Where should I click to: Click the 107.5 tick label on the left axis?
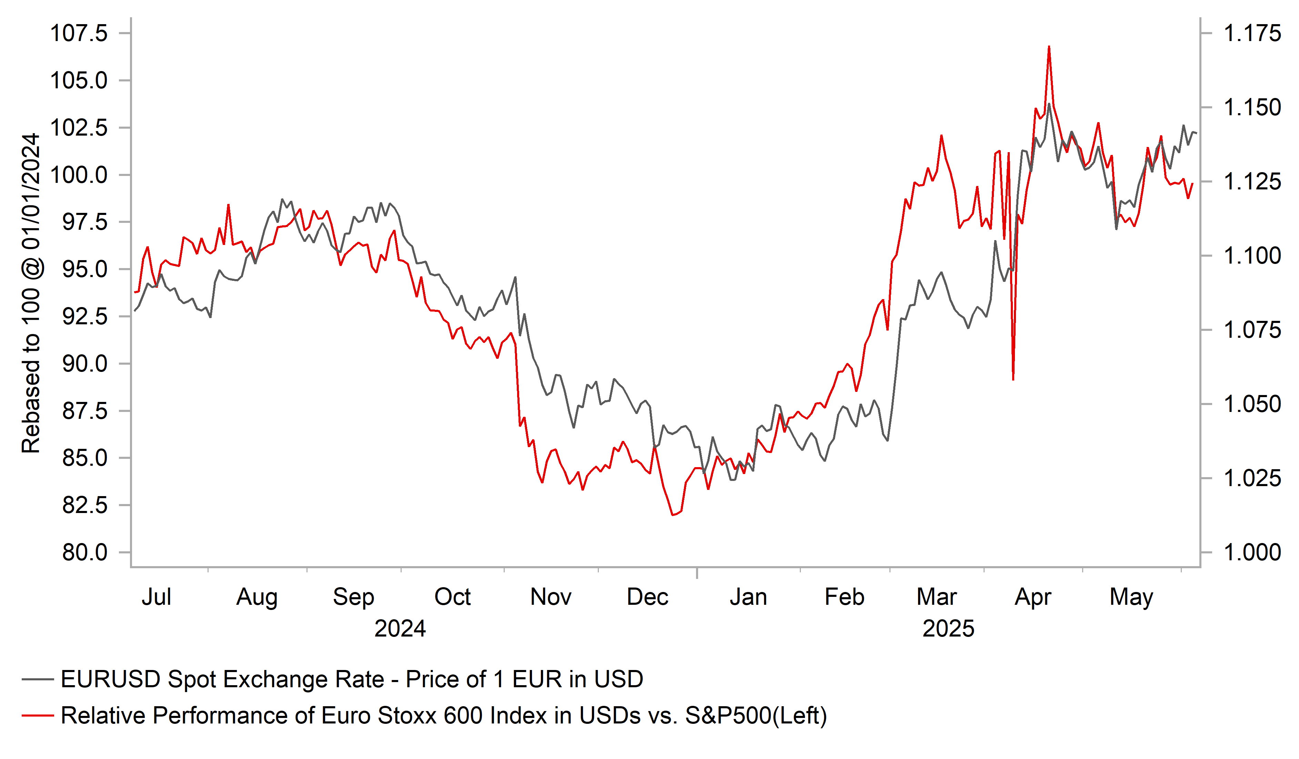pyautogui.click(x=78, y=33)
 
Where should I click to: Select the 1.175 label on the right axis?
pyautogui.click(x=1251, y=33)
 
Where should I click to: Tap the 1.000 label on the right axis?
pyautogui.click(x=1251, y=553)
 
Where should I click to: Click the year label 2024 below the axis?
pyautogui.click(x=400, y=629)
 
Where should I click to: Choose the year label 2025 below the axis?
pyautogui.click(x=948, y=629)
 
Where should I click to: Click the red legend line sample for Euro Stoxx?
pyautogui.click(x=38, y=716)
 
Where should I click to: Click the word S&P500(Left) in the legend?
pyautogui.click(x=756, y=716)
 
